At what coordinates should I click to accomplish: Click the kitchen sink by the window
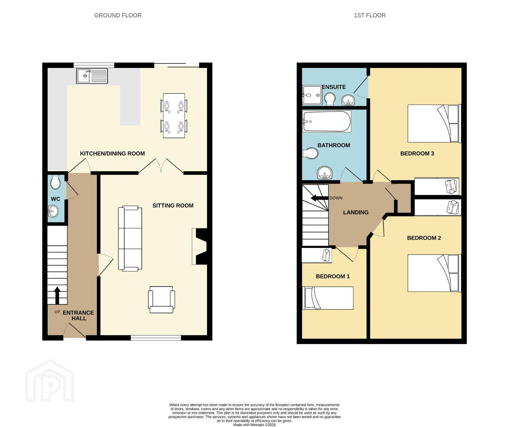tap(92, 76)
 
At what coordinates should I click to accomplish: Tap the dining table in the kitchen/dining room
tap(174, 115)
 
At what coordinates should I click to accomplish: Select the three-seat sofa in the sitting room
tap(130, 238)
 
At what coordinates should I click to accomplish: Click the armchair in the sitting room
tap(161, 299)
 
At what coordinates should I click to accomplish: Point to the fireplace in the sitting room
tap(200, 246)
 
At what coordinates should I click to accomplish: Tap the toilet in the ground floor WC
tap(56, 182)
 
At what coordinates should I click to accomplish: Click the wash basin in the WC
tap(53, 211)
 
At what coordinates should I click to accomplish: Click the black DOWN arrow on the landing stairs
tap(319, 198)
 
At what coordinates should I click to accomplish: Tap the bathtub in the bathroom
tap(327, 121)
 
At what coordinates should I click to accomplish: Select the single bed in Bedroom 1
tap(328, 298)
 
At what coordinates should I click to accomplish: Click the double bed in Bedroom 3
tap(434, 123)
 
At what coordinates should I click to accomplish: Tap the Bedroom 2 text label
tap(424, 238)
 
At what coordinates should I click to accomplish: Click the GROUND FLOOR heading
tap(118, 15)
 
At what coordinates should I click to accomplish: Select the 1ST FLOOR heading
tap(369, 15)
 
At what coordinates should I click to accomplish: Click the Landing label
tap(356, 212)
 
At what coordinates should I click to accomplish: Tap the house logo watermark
tap(49, 381)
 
